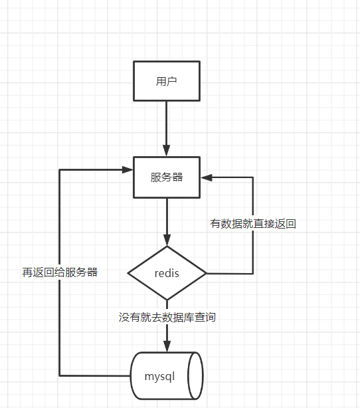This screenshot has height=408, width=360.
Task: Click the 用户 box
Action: click(167, 82)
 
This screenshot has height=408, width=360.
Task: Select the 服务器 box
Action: click(167, 177)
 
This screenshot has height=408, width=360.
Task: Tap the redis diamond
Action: click(167, 273)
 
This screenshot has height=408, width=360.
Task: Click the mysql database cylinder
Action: click(166, 375)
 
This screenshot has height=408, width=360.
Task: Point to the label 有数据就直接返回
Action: click(253, 224)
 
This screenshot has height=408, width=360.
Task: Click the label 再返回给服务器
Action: click(60, 272)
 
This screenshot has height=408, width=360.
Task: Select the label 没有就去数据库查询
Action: click(167, 318)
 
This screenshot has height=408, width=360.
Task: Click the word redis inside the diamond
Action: click(167, 273)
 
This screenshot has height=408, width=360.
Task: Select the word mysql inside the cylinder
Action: click(159, 376)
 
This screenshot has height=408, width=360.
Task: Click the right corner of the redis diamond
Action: click(206, 273)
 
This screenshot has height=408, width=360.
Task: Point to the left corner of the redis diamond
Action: click(128, 273)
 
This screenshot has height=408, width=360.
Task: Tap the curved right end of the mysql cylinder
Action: click(196, 375)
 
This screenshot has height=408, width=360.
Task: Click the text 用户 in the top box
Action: click(167, 82)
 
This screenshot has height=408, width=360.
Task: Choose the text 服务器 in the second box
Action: click(167, 177)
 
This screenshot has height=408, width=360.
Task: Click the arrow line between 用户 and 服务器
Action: click(167, 126)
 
